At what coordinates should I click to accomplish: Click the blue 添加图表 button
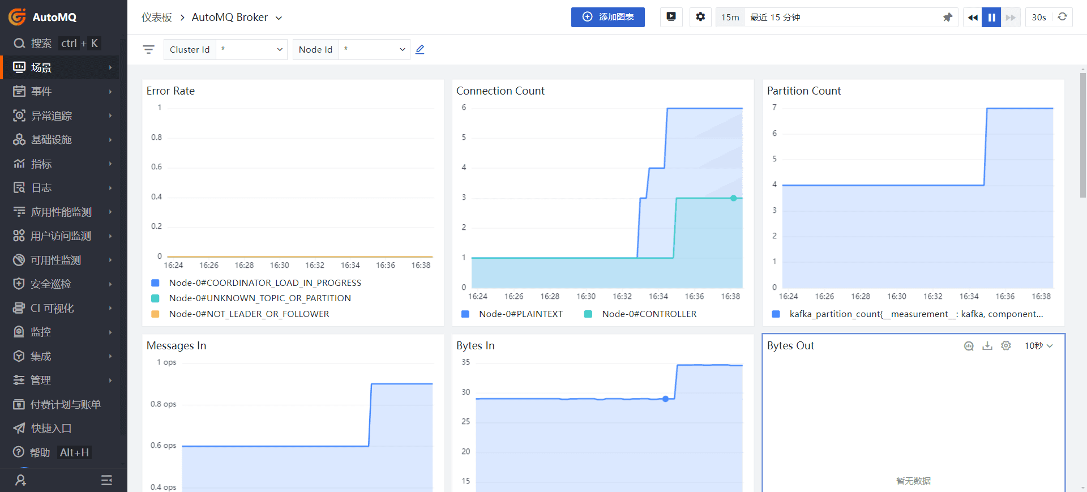click(x=607, y=17)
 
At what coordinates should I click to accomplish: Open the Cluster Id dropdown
click(x=251, y=49)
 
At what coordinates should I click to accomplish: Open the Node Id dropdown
click(x=374, y=49)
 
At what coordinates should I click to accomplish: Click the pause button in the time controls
click(x=991, y=17)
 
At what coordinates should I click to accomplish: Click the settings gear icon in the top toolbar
click(x=700, y=17)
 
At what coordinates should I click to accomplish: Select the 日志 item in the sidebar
click(x=41, y=188)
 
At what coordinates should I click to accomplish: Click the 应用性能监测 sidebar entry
click(x=61, y=212)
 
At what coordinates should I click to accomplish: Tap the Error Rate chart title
click(x=170, y=91)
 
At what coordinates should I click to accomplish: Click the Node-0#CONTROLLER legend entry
click(x=649, y=314)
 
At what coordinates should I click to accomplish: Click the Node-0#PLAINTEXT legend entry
click(x=520, y=314)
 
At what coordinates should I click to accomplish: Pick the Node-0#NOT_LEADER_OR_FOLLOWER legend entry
click(x=249, y=314)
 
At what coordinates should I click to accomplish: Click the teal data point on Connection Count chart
click(x=733, y=198)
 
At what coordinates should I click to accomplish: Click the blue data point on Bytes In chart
click(x=666, y=399)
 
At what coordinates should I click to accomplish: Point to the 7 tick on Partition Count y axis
click(x=774, y=108)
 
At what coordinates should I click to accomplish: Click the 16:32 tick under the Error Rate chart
click(x=315, y=265)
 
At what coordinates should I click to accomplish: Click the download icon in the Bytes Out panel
click(x=987, y=346)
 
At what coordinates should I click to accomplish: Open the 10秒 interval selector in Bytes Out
click(x=1038, y=346)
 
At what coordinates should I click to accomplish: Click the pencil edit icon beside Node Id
click(x=420, y=49)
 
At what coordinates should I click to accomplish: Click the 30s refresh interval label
click(x=1039, y=17)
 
